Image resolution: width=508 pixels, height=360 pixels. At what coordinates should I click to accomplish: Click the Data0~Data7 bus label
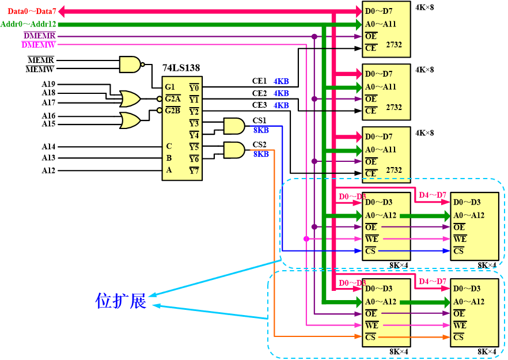point(32,11)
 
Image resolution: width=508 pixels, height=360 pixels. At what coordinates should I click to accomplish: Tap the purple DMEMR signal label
point(39,36)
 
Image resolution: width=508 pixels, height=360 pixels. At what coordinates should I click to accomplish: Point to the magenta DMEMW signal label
point(39,44)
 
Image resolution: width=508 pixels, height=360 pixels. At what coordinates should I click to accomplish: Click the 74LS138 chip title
point(181,68)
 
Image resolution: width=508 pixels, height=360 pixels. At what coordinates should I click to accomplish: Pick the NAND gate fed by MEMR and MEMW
point(130,64)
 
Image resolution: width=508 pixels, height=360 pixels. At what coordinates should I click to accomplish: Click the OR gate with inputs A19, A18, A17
point(130,98)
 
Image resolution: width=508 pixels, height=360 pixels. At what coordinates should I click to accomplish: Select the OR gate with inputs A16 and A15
point(130,120)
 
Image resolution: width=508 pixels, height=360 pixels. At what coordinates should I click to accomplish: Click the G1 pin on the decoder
point(170,87)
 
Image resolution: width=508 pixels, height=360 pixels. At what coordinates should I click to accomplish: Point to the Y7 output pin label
point(194,170)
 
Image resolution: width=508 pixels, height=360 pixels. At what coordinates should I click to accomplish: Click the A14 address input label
point(48,146)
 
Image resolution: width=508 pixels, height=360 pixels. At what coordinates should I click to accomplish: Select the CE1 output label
point(259,81)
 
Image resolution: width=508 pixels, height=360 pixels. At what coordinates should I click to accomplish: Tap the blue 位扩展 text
point(121,301)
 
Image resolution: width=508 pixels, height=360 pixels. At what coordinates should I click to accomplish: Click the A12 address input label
point(48,170)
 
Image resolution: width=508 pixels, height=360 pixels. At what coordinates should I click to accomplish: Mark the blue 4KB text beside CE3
point(281,105)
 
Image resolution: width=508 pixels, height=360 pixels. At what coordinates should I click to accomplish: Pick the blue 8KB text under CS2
point(261,154)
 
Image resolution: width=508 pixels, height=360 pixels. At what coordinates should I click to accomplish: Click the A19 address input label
point(48,84)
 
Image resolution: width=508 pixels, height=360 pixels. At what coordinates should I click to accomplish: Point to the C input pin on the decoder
point(169,146)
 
